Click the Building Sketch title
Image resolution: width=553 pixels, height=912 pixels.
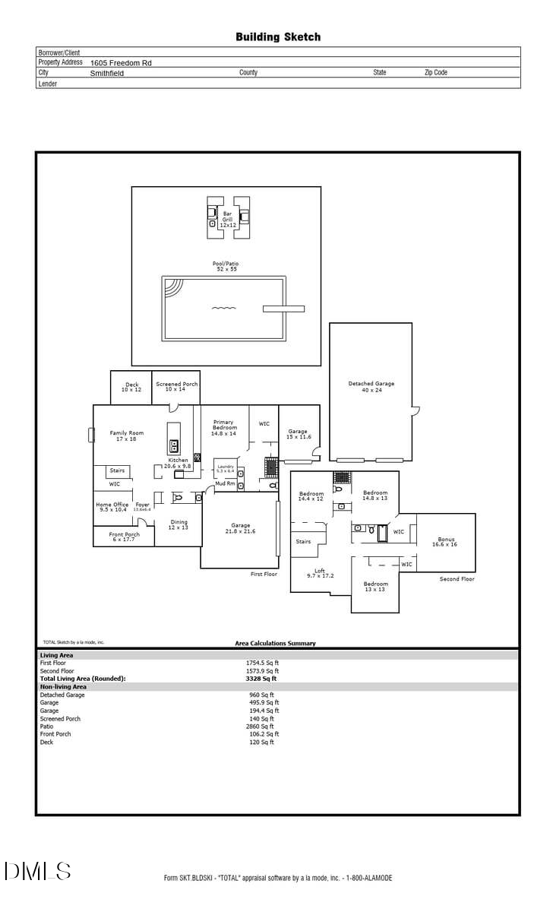277,36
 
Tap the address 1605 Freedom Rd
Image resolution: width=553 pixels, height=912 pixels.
121,63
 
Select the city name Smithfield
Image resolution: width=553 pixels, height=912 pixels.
107,74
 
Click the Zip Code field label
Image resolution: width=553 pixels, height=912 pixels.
435,73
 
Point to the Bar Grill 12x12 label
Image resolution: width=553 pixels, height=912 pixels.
228,220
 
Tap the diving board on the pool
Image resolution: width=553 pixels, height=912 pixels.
283,309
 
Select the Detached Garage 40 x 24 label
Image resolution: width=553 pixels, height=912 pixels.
371,387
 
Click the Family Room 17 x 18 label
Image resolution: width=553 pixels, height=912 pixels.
126,435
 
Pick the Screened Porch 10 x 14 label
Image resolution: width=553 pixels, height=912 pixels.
176,387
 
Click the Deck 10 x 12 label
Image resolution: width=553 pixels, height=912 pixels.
131,387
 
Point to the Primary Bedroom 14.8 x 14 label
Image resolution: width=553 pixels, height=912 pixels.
223,427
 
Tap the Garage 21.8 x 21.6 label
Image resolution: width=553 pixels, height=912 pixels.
240,528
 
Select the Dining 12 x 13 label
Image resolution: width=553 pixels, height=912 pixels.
179,524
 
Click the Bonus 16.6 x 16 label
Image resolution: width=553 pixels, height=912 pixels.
446,542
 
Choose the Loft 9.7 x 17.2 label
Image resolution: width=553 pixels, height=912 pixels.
319,573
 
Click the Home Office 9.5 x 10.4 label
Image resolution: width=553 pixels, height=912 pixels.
112,507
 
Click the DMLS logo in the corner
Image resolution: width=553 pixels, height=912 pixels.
37,871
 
